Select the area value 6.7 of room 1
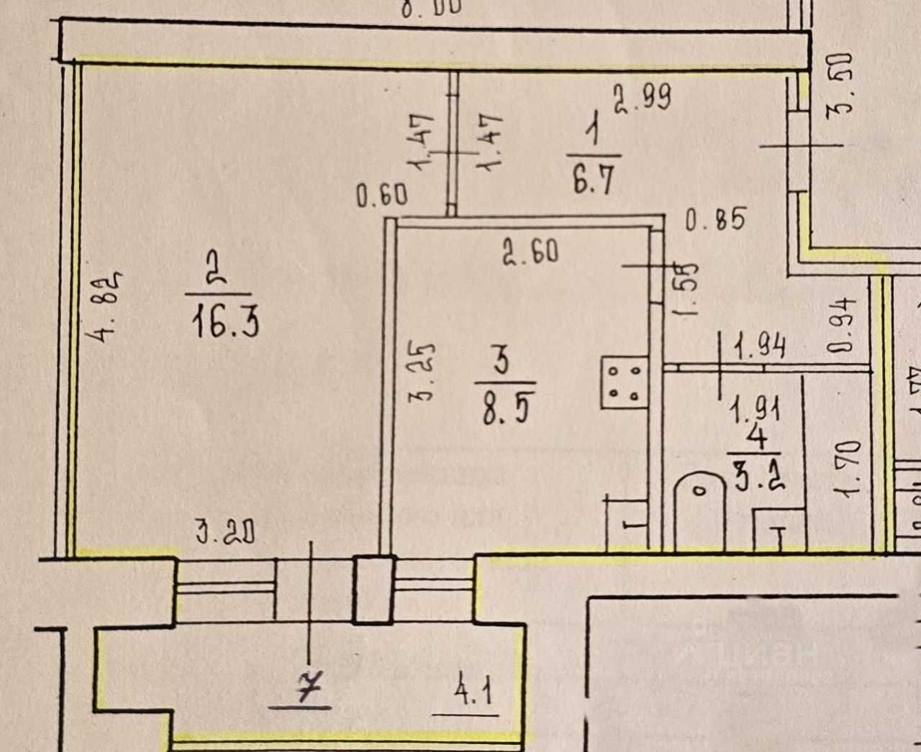594,179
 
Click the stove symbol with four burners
624,382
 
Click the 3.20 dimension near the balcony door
224,533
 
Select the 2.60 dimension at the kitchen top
531,252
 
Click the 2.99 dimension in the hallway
642,97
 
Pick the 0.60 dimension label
383,196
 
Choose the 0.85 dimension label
715,219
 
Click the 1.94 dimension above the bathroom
759,349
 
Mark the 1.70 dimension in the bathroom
849,469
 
